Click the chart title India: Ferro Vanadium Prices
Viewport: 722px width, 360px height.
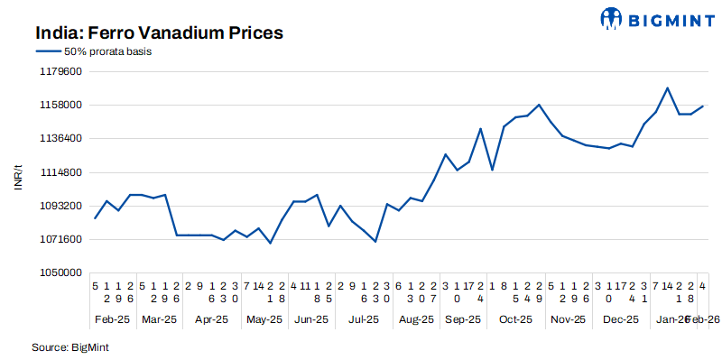160,33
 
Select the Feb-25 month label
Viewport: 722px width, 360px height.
113,318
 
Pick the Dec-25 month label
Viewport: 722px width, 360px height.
621,318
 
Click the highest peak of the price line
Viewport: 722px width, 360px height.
667,88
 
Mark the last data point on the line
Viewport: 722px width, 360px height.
703,106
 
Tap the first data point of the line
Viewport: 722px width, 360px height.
96,218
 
